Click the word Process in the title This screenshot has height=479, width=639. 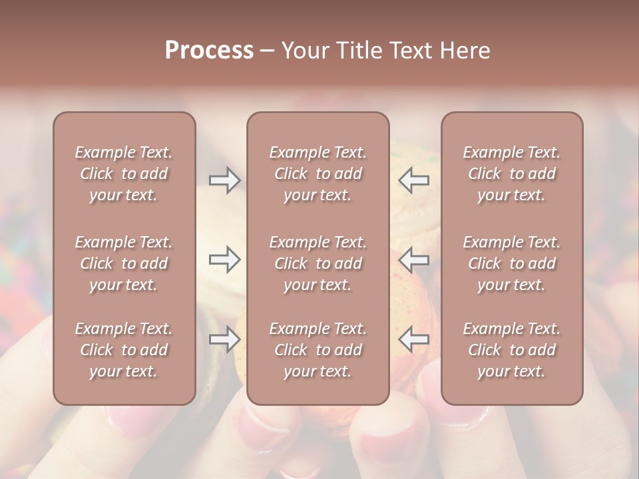pyautogui.click(x=209, y=50)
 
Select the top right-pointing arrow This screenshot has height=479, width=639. pyautogui.click(x=225, y=180)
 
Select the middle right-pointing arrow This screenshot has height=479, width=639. pyautogui.click(x=225, y=260)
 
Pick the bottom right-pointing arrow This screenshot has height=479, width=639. pyautogui.click(x=225, y=339)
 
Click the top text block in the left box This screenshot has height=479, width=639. pyautogui.click(x=124, y=174)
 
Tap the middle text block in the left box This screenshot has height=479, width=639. pyautogui.click(x=124, y=263)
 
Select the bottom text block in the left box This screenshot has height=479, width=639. pyautogui.click(x=124, y=350)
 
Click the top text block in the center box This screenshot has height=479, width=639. pyautogui.click(x=318, y=174)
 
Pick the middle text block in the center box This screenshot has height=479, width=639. pyautogui.click(x=318, y=263)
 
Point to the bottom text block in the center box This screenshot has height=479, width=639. pyautogui.click(x=318, y=350)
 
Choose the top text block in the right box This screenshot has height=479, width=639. pyautogui.click(x=512, y=174)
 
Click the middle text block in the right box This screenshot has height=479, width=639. pyautogui.click(x=512, y=263)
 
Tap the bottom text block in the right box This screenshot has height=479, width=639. pyautogui.click(x=512, y=350)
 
